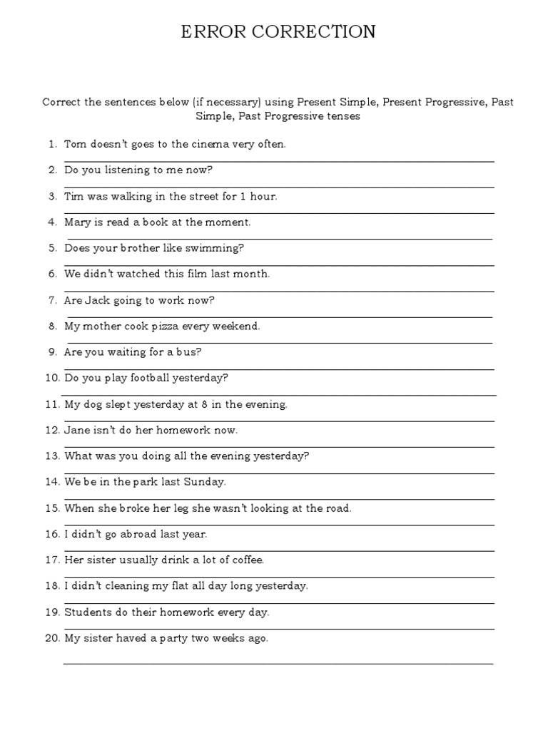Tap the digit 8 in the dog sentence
(205, 404)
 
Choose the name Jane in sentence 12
(77, 430)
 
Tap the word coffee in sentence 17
(246, 560)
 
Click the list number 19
(51, 612)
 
